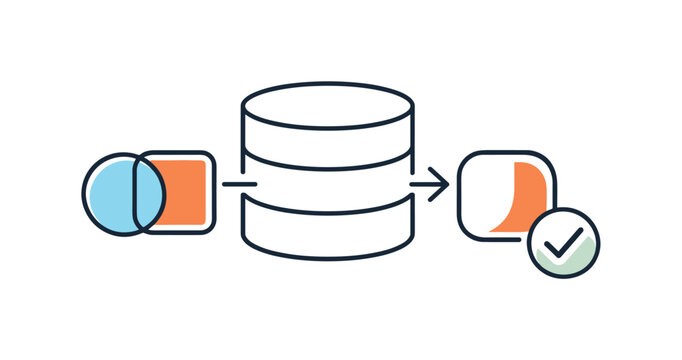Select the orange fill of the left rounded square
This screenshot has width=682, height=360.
click(186, 192)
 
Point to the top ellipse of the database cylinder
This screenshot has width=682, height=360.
click(327, 104)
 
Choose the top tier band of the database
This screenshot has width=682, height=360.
click(327, 141)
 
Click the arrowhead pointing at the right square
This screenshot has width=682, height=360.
click(441, 184)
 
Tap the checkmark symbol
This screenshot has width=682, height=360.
click(565, 241)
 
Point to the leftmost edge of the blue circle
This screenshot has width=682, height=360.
click(83, 194)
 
